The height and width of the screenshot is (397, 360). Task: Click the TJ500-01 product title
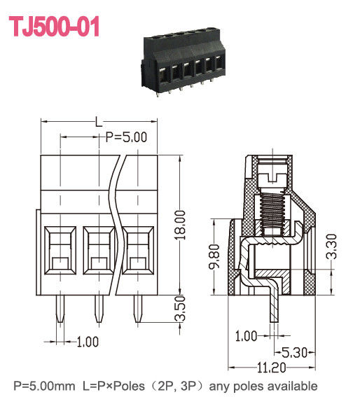point(54,27)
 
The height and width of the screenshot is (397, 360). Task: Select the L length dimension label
point(99,121)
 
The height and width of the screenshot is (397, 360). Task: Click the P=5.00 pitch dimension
point(125,137)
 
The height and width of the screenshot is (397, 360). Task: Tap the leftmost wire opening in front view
point(60,250)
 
